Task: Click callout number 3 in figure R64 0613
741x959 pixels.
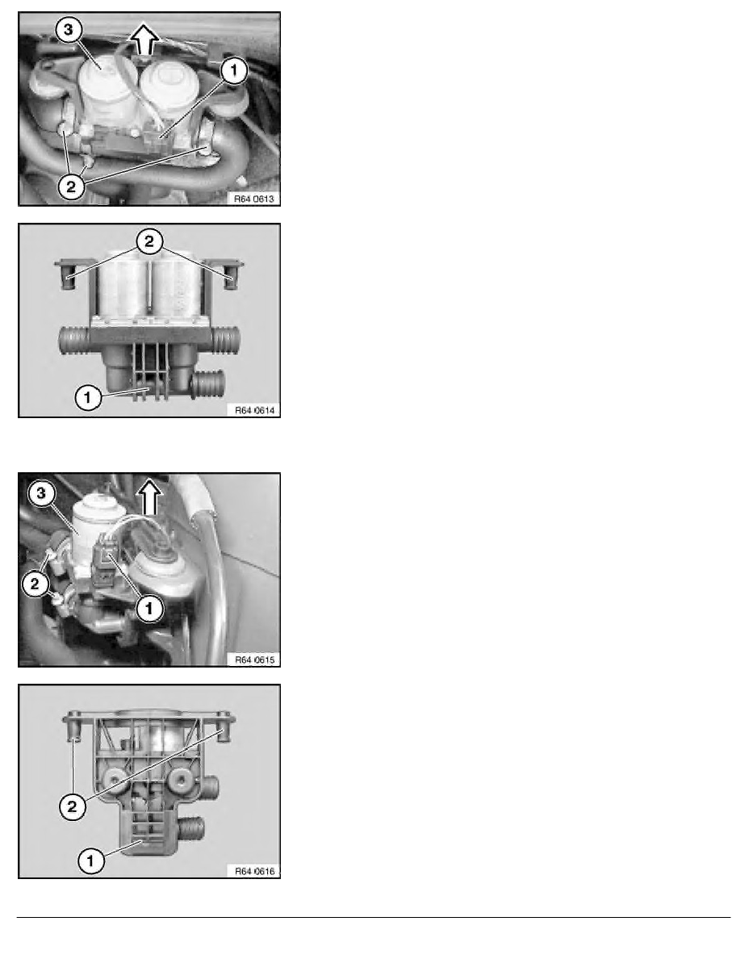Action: click(x=69, y=29)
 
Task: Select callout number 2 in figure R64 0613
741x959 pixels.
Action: click(x=72, y=186)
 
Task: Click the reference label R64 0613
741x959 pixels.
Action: click(x=254, y=199)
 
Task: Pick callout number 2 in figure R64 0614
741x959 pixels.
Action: click(x=149, y=241)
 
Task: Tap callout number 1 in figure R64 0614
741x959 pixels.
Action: click(x=87, y=397)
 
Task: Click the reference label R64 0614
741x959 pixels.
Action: click(x=255, y=410)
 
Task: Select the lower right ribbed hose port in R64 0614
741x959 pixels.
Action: click(x=208, y=384)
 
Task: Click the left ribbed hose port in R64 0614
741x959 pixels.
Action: click(x=73, y=339)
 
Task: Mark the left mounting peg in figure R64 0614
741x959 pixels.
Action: click(x=67, y=274)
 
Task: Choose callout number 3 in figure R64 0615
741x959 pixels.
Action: click(x=42, y=492)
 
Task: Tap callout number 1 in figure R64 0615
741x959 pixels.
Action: click(x=149, y=609)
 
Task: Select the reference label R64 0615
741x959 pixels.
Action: click(x=255, y=660)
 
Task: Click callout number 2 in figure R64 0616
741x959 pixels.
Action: click(x=72, y=807)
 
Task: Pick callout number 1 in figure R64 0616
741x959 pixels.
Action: click(x=90, y=861)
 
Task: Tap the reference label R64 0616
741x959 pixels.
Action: click(x=255, y=871)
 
